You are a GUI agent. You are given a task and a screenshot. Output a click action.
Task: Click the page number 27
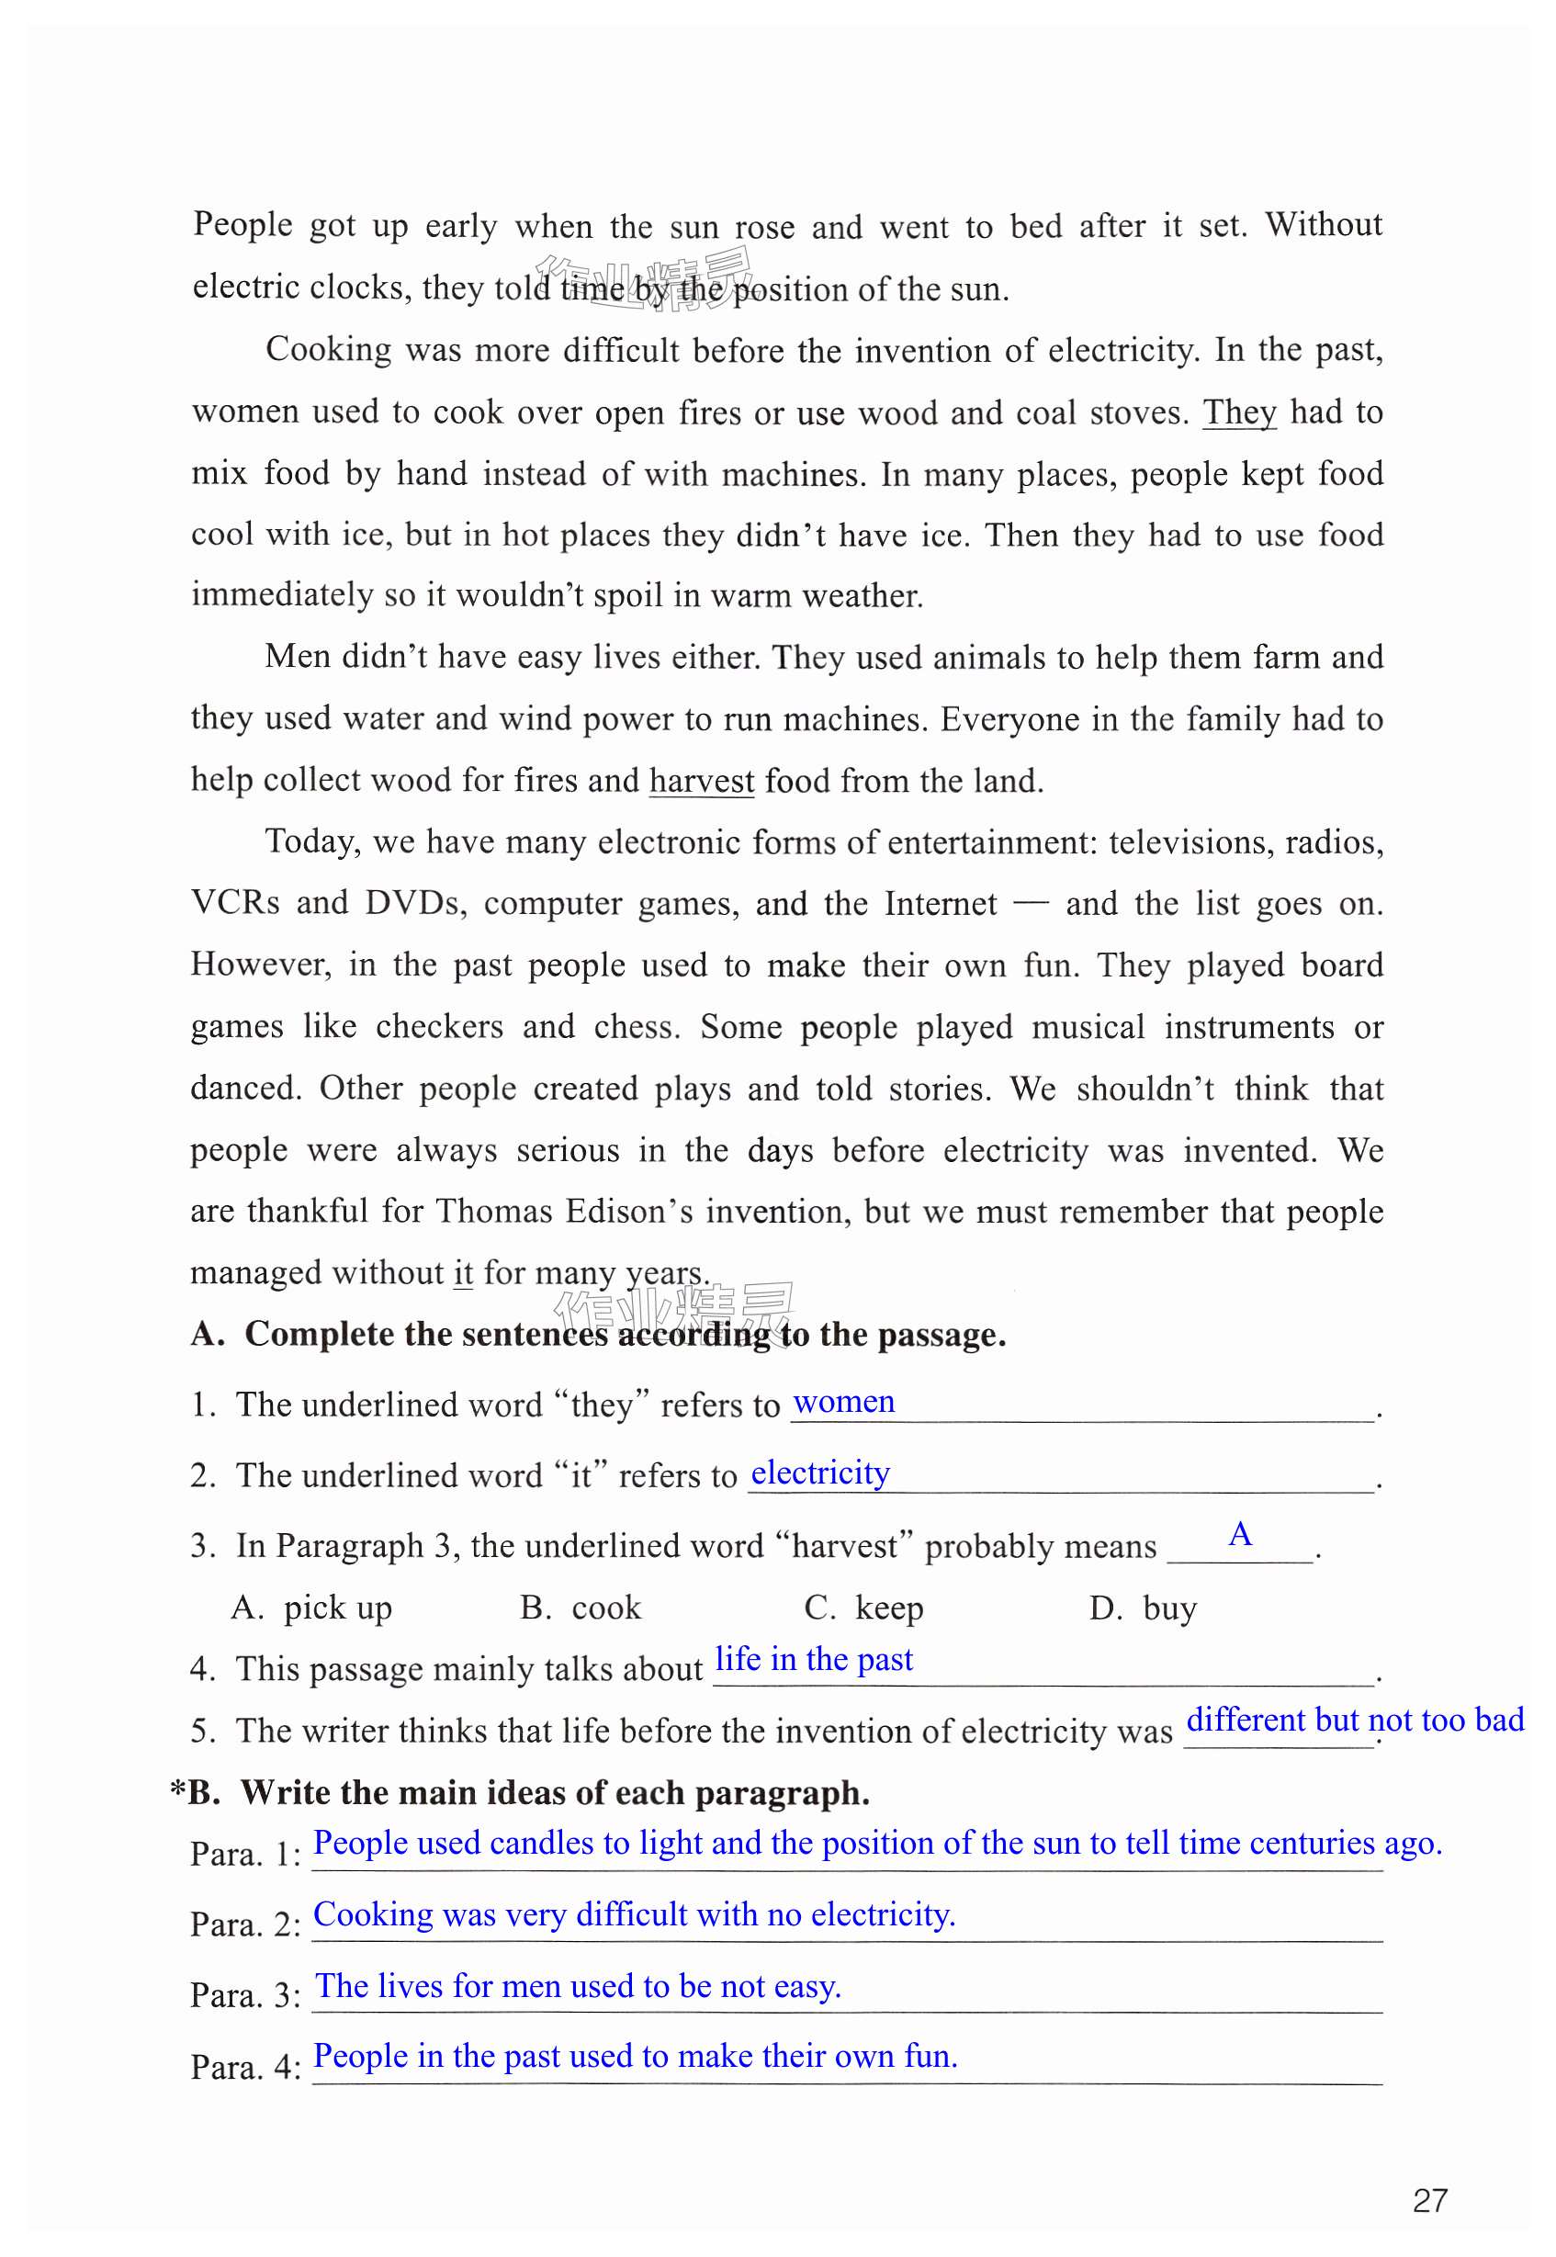coord(1429,2200)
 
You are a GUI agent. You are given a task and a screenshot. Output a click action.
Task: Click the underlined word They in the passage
coord(1239,412)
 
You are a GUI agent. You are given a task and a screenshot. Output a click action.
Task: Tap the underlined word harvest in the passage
coord(701,781)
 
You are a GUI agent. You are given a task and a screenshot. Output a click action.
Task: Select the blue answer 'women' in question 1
coord(843,1402)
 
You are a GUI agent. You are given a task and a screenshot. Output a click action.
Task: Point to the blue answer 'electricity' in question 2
coord(820,1473)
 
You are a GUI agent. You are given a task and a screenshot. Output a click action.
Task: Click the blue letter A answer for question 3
coord(1239,1535)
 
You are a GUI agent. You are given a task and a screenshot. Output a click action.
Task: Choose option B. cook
coord(581,1607)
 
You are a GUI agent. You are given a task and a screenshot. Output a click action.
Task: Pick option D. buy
coord(1143,1607)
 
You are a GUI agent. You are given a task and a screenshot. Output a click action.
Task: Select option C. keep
coord(863,1607)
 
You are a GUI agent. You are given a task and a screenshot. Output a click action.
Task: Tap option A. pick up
coord(313,1607)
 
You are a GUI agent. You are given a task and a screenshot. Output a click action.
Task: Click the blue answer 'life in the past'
coord(814,1658)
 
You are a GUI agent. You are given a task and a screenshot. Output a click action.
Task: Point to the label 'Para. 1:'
coord(245,1854)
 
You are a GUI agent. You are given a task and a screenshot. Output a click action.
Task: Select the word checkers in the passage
coord(439,1027)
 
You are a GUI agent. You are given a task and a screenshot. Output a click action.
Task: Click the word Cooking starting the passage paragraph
coord(329,349)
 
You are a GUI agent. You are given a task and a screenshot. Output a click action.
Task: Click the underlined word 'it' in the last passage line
coord(463,1273)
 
